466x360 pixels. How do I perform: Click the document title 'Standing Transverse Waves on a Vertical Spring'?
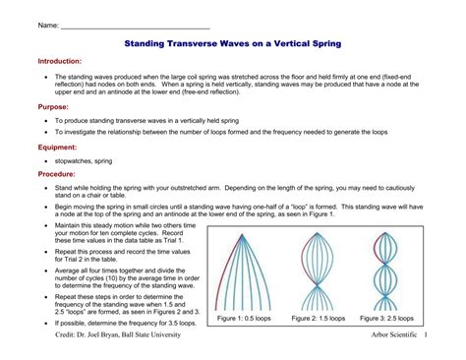(x=233, y=43)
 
